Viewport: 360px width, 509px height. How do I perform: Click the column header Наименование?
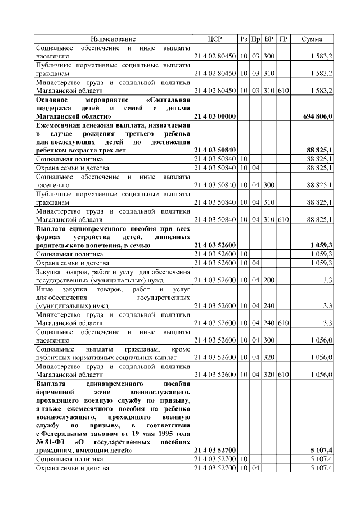[113, 39]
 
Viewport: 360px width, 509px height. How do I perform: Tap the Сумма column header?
[312, 39]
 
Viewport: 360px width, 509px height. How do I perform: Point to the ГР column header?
[283, 39]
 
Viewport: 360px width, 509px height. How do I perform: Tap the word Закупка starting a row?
[49, 271]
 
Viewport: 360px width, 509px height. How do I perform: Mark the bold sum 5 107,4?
[321, 451]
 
